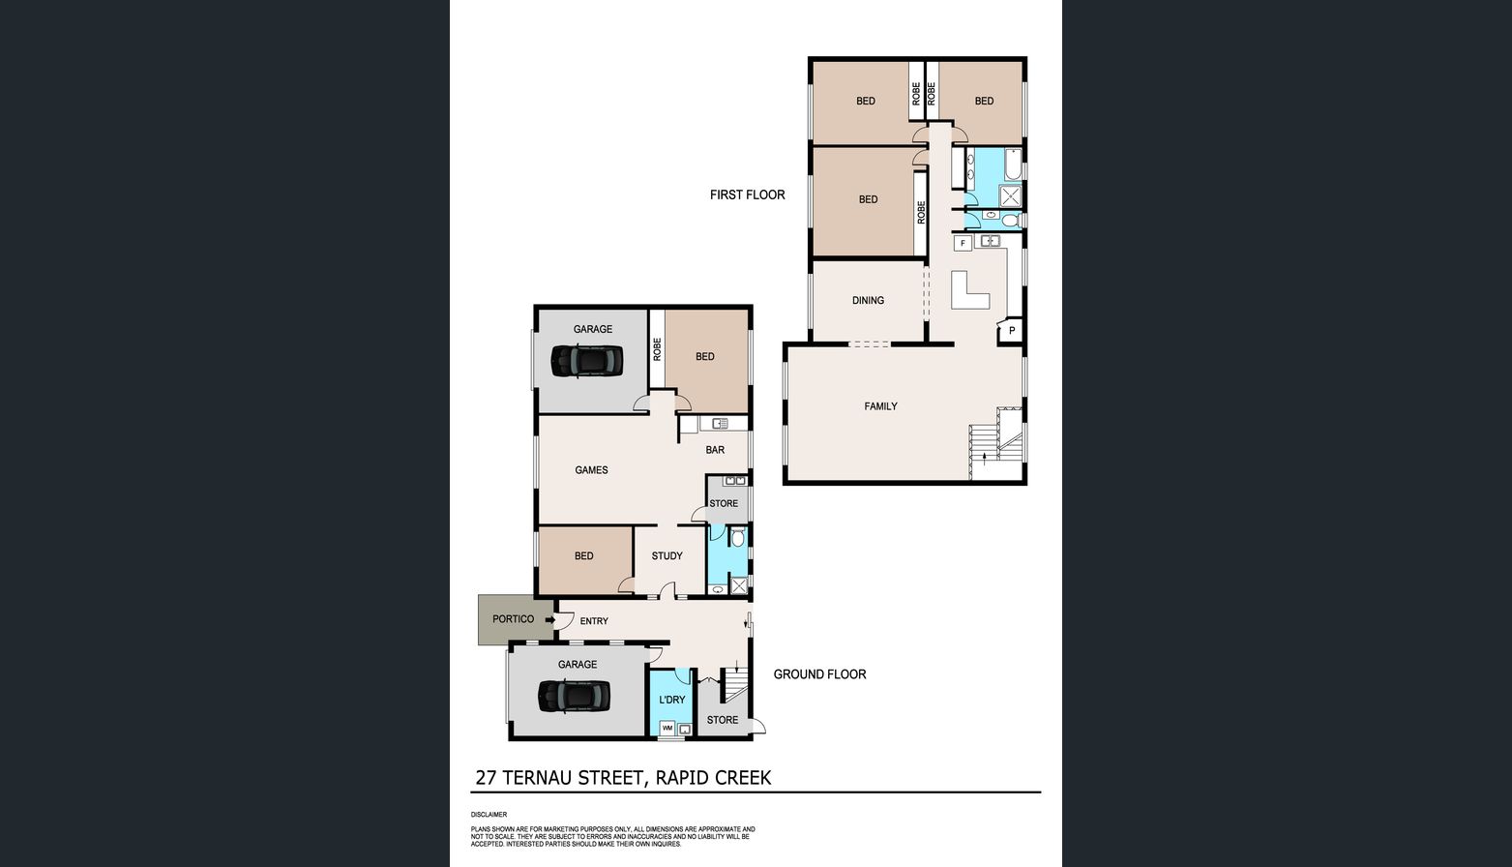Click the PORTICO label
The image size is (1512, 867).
[x=513, y=619]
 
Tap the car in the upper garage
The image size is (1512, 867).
[x=586, y=361]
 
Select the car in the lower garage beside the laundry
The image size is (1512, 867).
[x=574, y=696]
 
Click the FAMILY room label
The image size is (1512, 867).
[x=881, y=406]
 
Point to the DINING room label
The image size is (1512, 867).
[x=868, y=301]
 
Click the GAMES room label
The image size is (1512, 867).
[x=591, y=470]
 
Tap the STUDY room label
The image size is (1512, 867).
[x=667, y=555]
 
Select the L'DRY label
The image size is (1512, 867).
[x=671, y=700]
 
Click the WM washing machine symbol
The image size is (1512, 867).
[x=667, y=728]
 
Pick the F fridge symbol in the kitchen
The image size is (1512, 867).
[x=963, y=243]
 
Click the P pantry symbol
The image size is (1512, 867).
[x=1012, y=331]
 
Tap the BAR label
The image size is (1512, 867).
[x=715, y=450]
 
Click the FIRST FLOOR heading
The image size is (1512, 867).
[x=747, y=195]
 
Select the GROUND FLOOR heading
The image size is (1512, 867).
[x=819, y=673]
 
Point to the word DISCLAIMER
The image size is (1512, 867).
[x=489, y=815]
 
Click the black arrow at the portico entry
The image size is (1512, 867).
[x=550, y=620]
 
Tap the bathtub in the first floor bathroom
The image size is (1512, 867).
[x=1013, y=164]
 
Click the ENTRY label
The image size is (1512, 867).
[x=594, y=621]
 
